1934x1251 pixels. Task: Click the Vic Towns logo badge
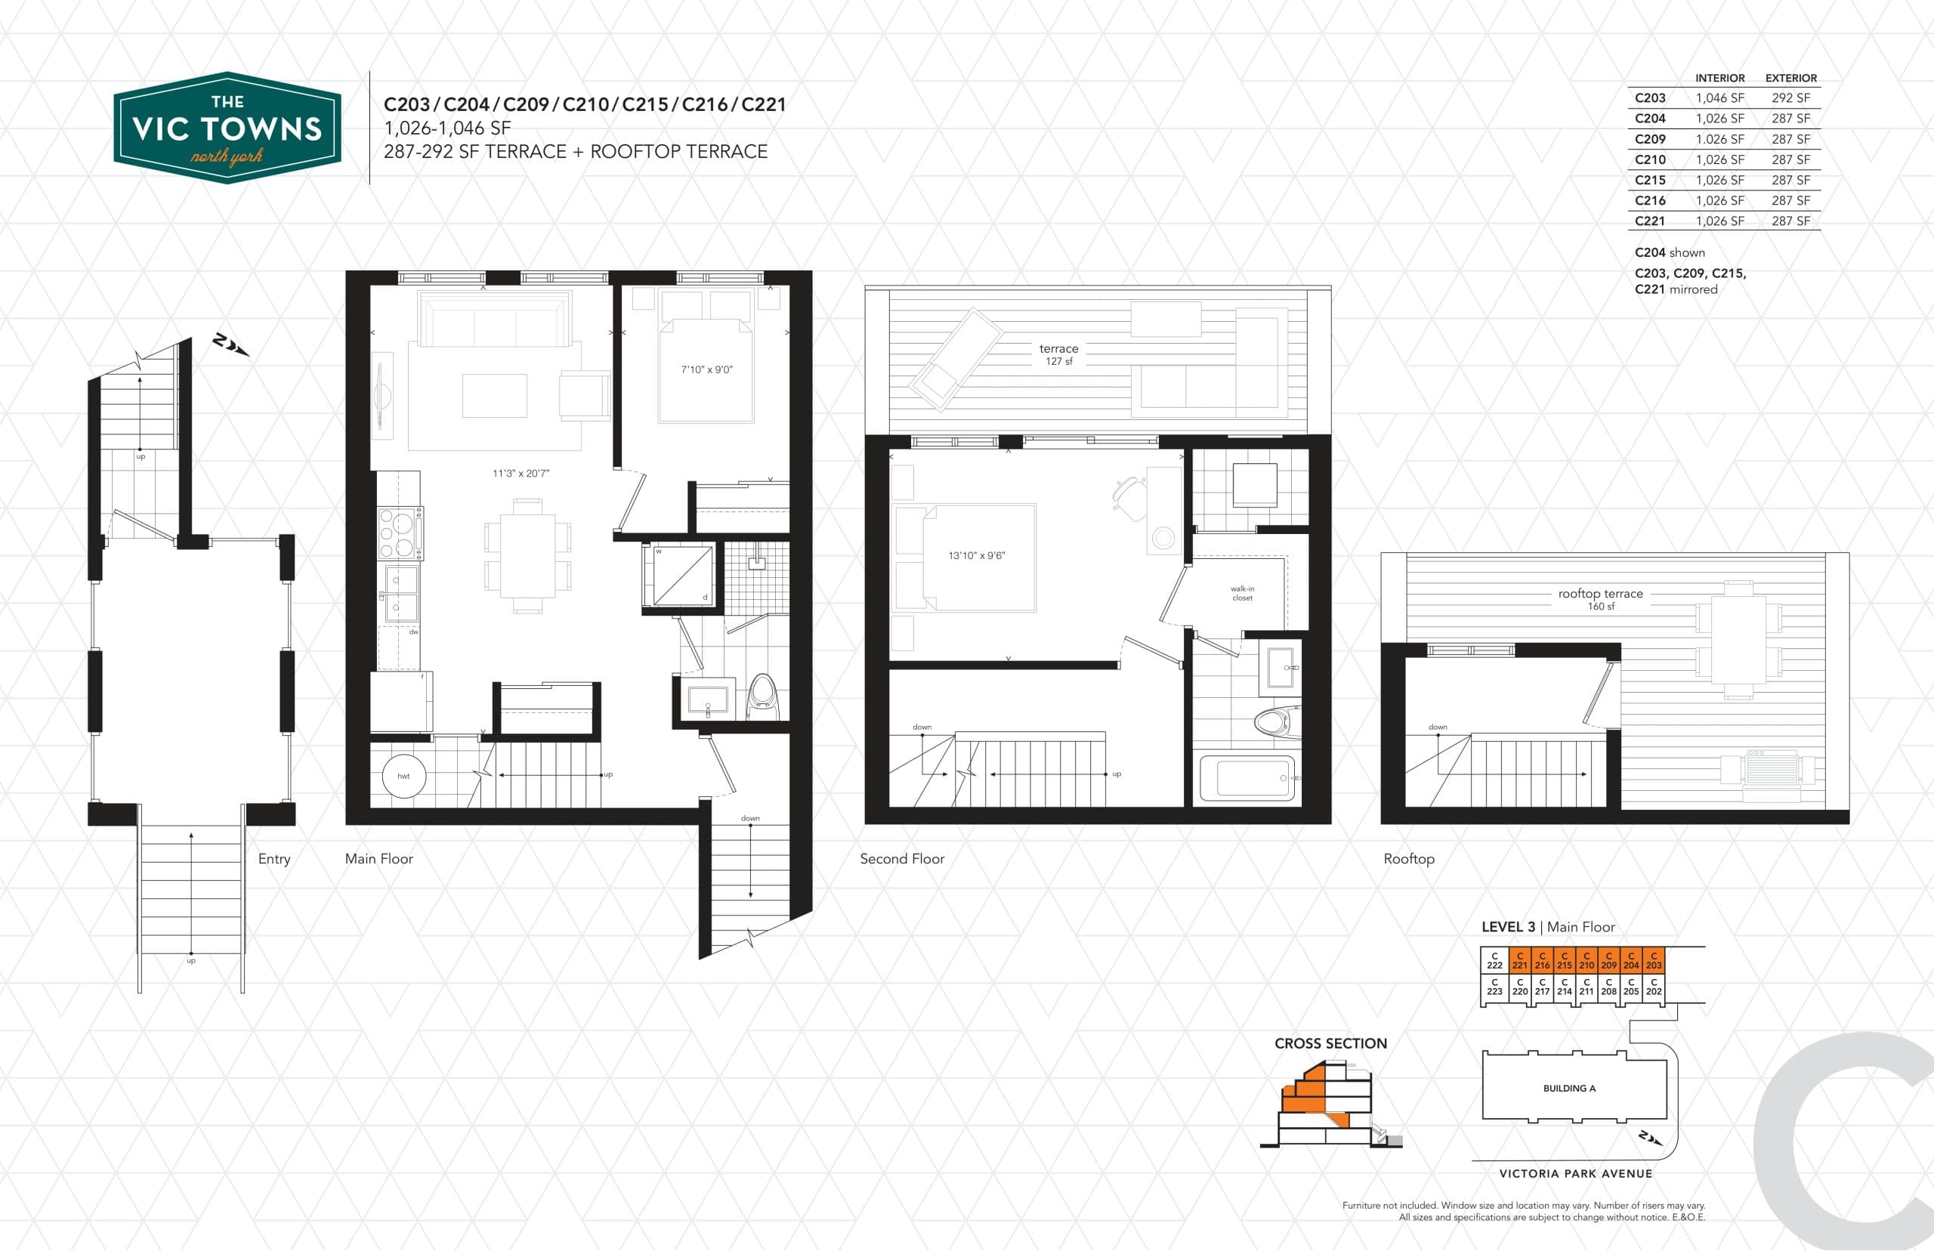pos(227,128)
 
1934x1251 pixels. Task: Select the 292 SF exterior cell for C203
pos(1790,98)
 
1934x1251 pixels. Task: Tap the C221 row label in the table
pos(1650,221)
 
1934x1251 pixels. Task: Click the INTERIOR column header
pos(1719,78)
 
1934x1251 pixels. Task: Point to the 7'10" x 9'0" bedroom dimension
pos(706,369)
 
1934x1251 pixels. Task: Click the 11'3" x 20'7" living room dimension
pos(521,474)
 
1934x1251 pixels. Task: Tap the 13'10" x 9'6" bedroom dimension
pos(976,556)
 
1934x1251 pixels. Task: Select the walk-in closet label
pos(1242,593)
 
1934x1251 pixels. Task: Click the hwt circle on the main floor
pos(403,776)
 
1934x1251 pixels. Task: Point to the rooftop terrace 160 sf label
pos(1600,599)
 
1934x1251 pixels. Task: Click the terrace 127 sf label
pos(1058,354)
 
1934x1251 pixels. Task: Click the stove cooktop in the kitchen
pos(400,533)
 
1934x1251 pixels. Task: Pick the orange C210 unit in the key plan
pos(1586,960)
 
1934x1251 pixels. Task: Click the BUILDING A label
pos(1569,1089)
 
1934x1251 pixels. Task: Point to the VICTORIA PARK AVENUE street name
pos(1575,1174)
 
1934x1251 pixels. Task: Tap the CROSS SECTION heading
pos(1330,1044)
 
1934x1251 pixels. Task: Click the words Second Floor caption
pos(901,859)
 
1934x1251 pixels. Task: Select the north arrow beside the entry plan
pos(230,345)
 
